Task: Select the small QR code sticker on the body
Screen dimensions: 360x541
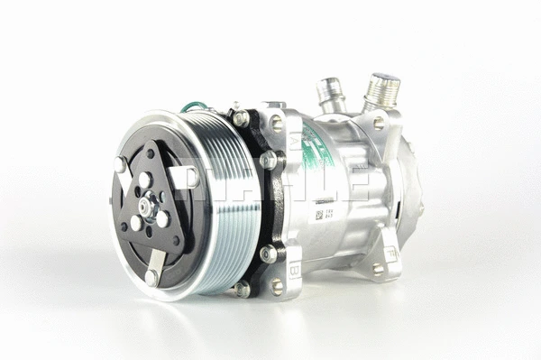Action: [318, 217]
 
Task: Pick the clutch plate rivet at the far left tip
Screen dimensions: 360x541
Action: [120, 164]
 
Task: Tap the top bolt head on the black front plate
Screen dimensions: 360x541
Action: [241, 117]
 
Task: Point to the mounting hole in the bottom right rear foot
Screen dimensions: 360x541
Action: [379, 269]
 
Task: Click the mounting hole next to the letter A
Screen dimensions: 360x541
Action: [277, 123]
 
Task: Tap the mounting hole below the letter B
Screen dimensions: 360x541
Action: [277, 286]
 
